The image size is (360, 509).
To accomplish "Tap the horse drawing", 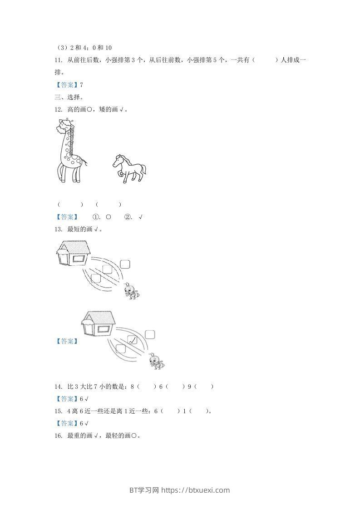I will click(x=129, y=168).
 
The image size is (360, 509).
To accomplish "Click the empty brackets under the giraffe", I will click(x=70, y=205).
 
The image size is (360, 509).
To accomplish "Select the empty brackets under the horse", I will click(x=108, y=205).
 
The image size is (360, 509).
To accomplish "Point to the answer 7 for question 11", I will click(x=81, y=85).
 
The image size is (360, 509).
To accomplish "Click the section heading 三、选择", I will click(x=69, y=97).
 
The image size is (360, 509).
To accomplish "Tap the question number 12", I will click(x=58, y=109).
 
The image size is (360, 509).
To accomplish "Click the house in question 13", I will click(x=73, y=254).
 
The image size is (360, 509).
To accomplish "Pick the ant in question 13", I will click(x=131, y=290).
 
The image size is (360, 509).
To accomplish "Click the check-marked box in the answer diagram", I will click(x=133, y=340).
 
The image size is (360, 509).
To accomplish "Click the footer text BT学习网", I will click(x=144, y=490).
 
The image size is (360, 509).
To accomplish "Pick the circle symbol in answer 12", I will click(x=108, y=217).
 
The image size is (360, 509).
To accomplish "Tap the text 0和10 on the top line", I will click(x=102, y=48).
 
